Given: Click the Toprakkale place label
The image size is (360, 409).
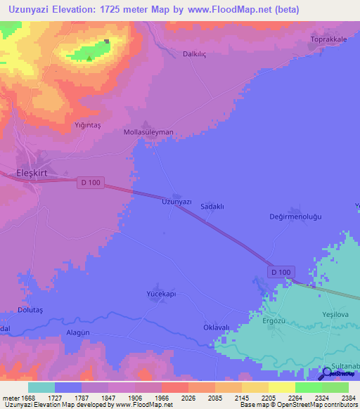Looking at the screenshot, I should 330,39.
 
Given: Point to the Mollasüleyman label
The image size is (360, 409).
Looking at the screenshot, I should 148,132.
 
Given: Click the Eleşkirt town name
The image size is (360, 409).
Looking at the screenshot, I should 34,172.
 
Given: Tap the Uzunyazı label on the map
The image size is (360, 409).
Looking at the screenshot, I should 176,202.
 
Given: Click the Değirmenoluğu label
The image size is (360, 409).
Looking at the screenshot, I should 295,216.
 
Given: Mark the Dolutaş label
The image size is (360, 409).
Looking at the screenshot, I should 30,309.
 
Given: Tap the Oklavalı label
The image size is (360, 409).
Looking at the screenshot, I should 217,327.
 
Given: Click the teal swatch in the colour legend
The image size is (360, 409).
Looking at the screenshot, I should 41,387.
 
